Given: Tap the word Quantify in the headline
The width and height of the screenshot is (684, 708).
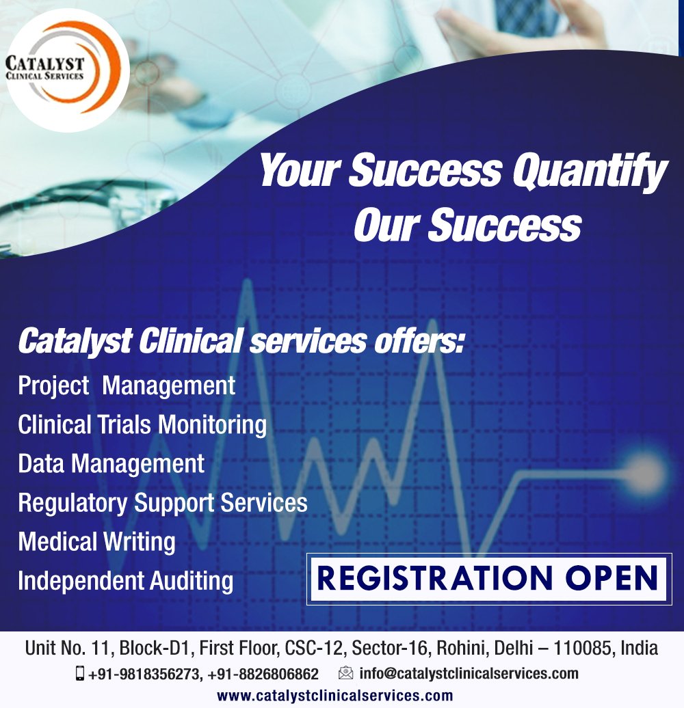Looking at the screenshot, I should point(590,172).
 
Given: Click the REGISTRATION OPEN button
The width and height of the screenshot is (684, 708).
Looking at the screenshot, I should point(487,578).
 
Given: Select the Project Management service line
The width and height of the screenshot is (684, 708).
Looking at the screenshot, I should point(127,385).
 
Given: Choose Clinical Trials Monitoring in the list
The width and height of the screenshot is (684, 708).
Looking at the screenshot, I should point(142,424).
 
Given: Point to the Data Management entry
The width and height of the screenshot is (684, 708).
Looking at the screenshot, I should point(111,464).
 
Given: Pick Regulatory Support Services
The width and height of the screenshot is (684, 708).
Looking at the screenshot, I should point(163,503).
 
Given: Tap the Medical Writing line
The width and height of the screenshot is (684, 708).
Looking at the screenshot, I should point(96,542).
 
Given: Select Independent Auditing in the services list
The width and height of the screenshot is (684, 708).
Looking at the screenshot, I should point(126,582).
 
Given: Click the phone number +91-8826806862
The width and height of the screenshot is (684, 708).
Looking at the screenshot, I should point(263,674).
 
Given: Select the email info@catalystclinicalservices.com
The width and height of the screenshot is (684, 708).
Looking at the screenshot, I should point(469,673).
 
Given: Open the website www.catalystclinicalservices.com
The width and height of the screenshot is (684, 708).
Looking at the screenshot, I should point(334,696).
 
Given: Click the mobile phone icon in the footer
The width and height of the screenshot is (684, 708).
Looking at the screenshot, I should point(80,673).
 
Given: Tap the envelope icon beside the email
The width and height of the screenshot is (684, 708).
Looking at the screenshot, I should point(346,673).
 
